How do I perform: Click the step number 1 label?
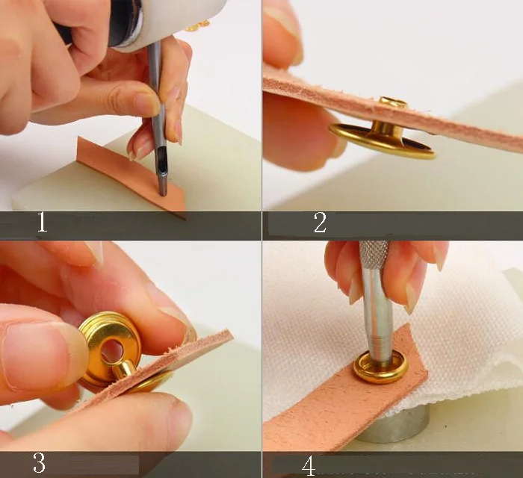pos(42,223)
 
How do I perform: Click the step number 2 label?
pos(320,223)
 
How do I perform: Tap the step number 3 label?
pos(40,462)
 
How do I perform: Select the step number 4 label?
pos(309,466)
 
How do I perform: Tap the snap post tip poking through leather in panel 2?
pos(394,102)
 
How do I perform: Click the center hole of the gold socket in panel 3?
pos(112,351)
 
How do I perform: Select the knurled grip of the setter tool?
pos(374,255)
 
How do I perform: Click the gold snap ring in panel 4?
pos(381,367)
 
